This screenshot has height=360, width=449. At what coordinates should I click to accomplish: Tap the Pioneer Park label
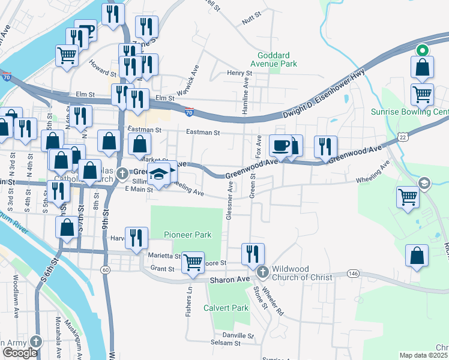coord(188,235)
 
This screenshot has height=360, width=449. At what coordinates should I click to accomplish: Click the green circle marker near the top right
coord(422,51)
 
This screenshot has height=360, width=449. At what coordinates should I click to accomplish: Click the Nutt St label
coord(249,21)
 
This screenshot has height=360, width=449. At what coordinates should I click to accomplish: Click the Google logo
coord(20,353)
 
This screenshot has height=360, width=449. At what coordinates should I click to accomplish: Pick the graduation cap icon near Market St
coord(160,175)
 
